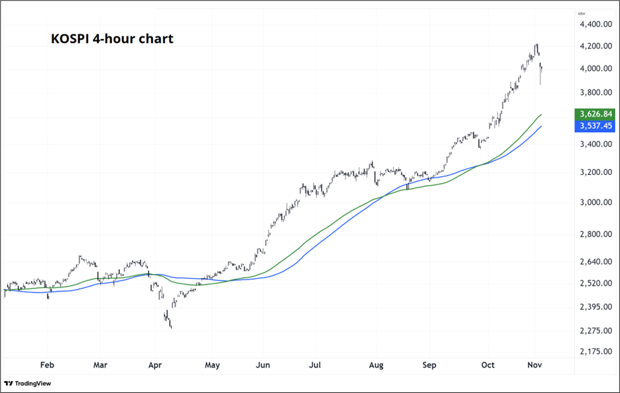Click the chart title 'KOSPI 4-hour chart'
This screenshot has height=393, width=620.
coord(112,39)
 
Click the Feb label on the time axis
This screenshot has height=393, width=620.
coord(46,365)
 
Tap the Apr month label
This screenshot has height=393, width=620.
coord(155,365)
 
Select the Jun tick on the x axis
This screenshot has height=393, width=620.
coord(263,365)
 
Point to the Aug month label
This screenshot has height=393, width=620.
coord(375,365)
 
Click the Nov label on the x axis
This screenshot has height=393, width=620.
coord(534,365)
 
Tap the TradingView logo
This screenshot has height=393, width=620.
coord(27,383)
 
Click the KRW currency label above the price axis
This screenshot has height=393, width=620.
coord(581,13)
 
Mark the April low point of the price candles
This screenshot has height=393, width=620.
coord(171,327)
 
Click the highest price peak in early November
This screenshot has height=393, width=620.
coord(536,44)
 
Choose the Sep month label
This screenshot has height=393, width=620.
coord(430,365)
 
